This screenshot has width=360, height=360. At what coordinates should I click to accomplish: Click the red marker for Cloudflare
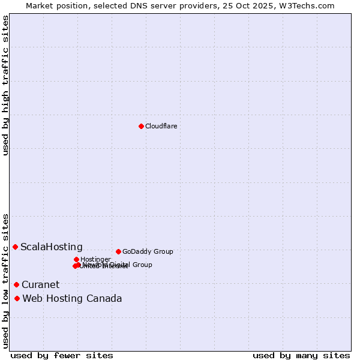[141, 126]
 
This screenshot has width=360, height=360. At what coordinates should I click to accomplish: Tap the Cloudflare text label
[161, 126]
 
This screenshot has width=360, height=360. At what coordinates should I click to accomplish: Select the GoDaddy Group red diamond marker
[118, 251]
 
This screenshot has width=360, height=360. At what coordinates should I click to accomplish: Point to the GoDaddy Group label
[148, 251]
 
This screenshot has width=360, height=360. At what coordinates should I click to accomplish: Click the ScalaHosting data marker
[15, 247]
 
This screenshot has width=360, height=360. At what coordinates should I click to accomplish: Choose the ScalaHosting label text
[52, 247]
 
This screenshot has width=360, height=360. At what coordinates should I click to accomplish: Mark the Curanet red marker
[16, 284]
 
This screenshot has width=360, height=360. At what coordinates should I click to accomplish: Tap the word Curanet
[41, 284]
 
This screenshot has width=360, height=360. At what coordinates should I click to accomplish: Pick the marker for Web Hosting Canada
[17, 298]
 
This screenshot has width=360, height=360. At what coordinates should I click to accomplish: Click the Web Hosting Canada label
[72, 298]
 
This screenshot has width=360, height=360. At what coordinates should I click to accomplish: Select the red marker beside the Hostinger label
[76, 259]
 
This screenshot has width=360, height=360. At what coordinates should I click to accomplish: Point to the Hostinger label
[95, 259]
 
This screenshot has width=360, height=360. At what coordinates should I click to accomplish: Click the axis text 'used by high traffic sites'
[5, 85]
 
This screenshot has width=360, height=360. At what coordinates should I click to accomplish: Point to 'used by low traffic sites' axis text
[5, 280]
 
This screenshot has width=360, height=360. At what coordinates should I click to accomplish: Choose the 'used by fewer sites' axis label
[62, 355]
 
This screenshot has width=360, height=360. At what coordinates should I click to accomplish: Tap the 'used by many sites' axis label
[301, 355]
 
